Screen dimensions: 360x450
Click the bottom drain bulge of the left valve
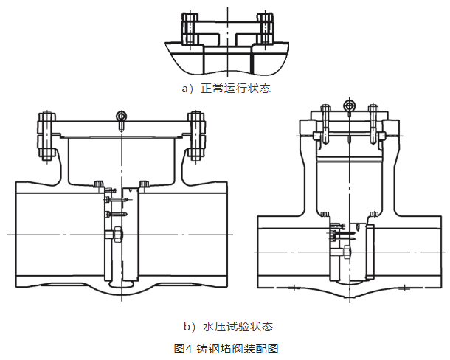coord(121,283)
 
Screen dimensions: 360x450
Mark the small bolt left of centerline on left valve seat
coord(99,184)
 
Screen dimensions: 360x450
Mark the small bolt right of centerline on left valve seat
coord(145,184)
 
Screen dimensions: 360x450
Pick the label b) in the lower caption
coord(188,325)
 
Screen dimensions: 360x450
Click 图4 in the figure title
coord(183,347)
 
